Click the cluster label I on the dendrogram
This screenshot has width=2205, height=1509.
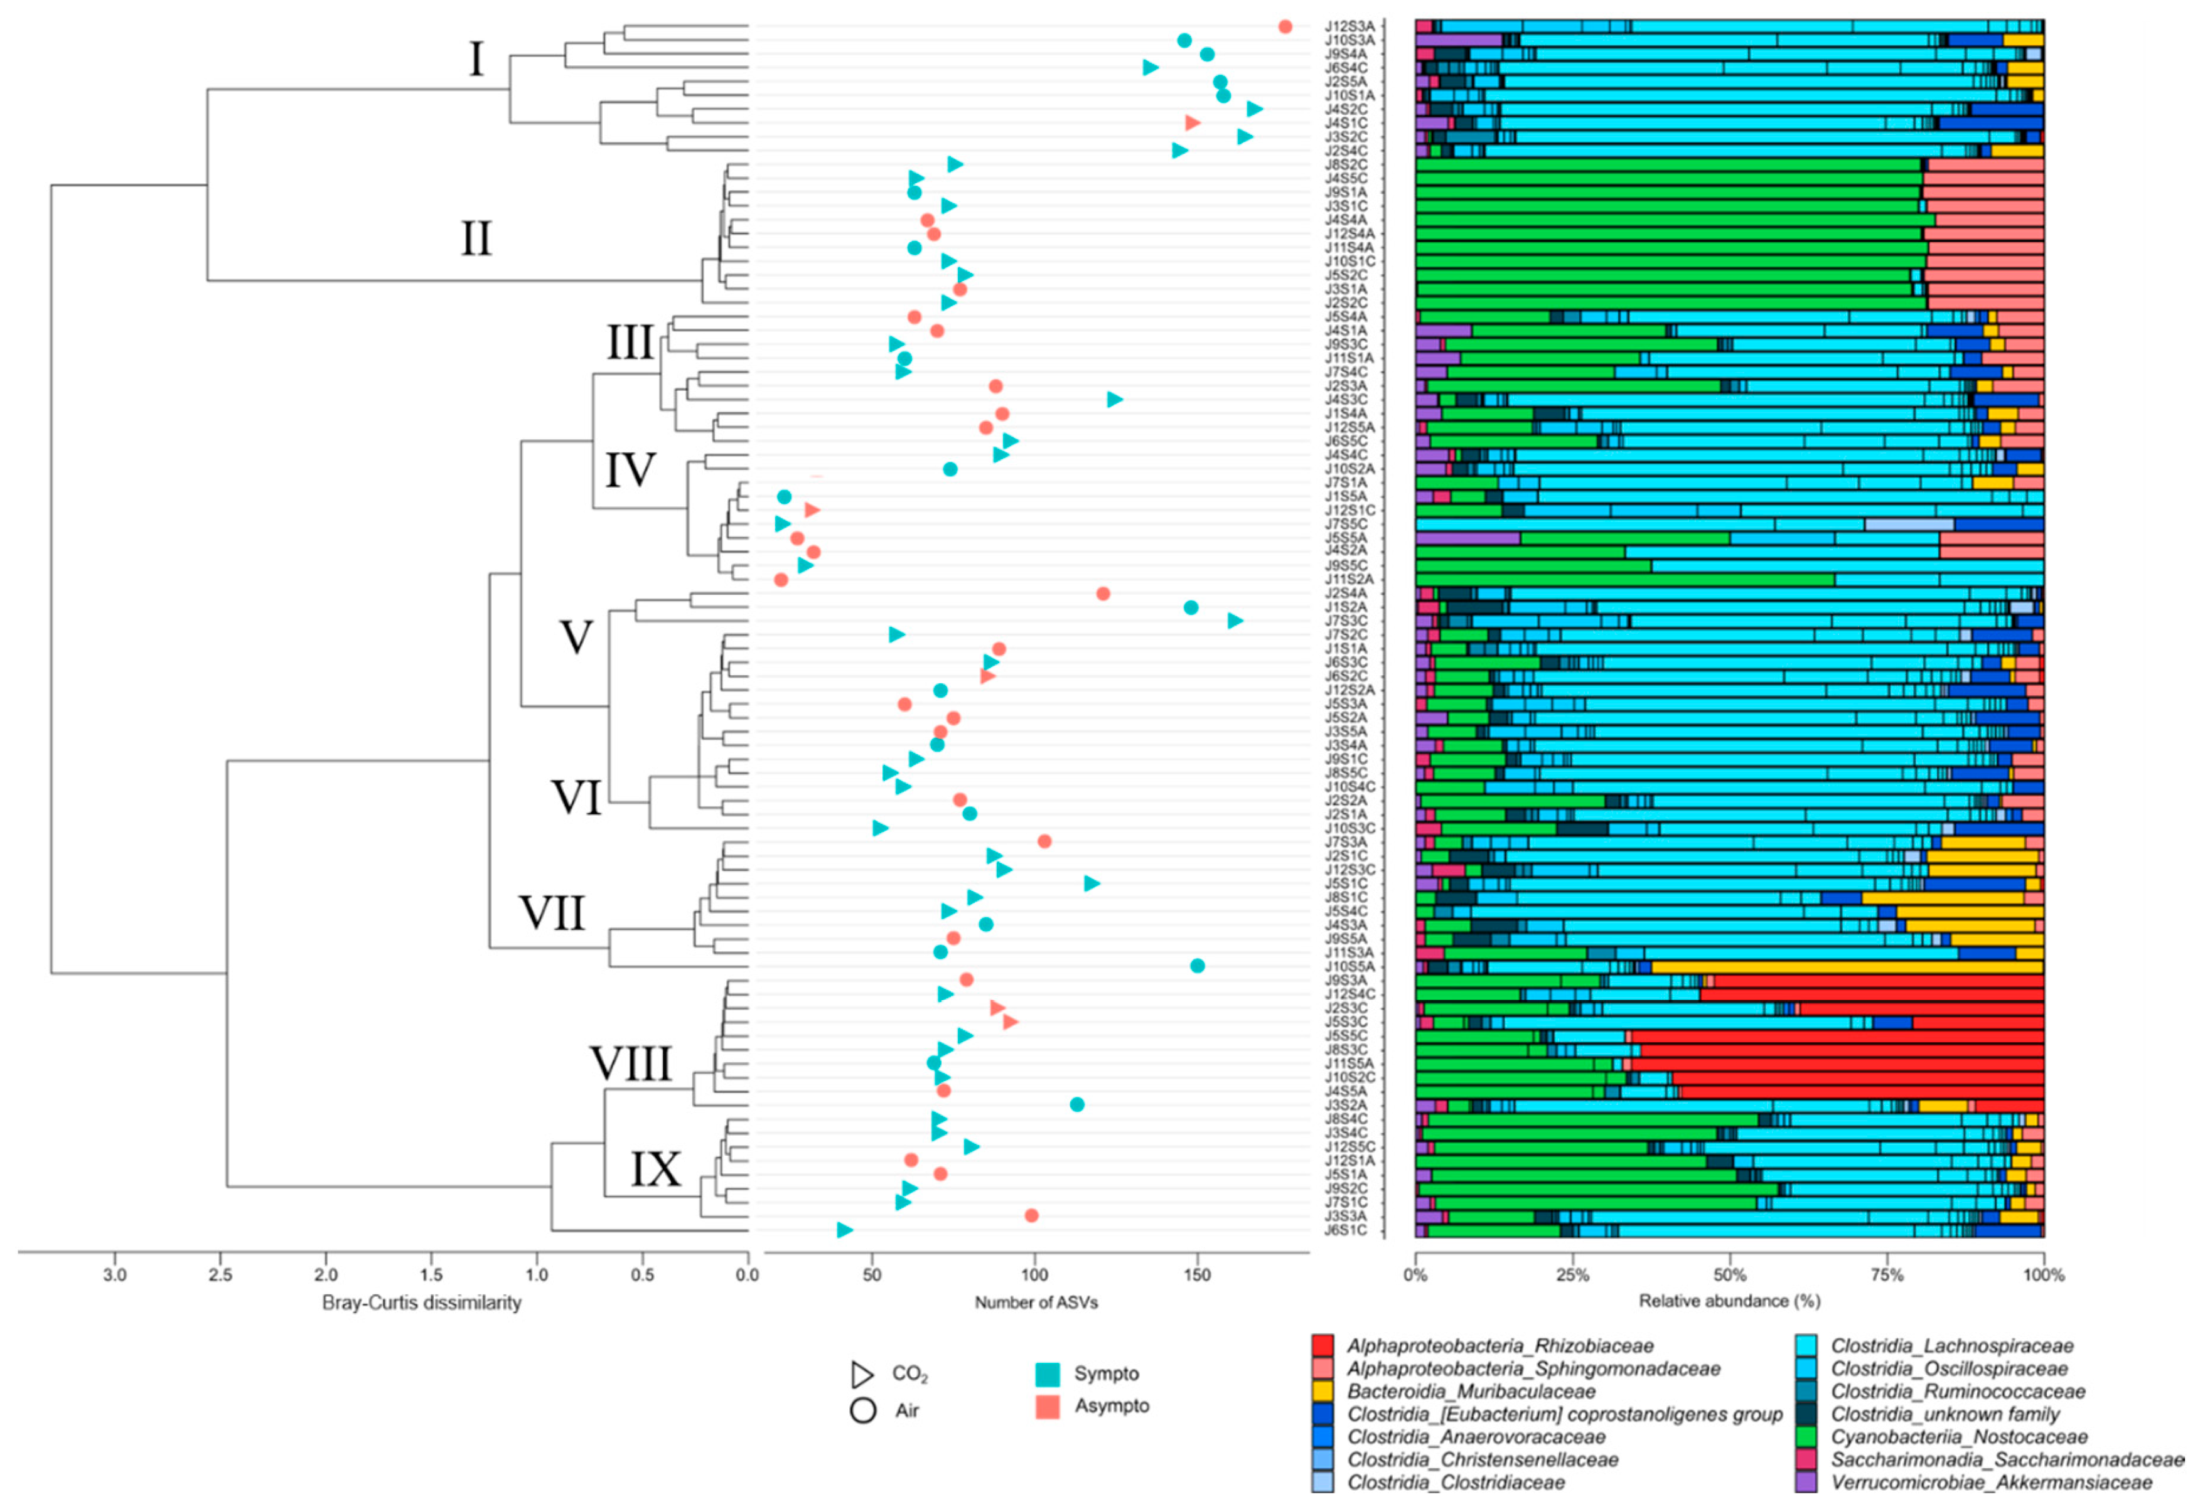pyautogui.click(x=476, y=59)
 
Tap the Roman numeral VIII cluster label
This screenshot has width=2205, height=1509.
pyautogui.click(x=631, y=1064)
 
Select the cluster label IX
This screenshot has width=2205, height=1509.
pyautogui.click(x=656, y=1170)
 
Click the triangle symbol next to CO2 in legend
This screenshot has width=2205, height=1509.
pyautogui.click(x=862, y=1374)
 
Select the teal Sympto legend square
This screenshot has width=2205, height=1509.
pyautogui.click(x=1048, y=1374)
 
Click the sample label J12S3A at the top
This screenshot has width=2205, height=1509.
pyautogui.click(x=1349, y=26)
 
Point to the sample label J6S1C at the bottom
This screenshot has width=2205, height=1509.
pyautogui.click(x=1347, y=1230)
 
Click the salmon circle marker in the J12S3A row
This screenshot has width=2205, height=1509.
pyautogui.click(x=1285, y=26)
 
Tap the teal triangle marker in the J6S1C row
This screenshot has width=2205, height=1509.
pyautogui.click(x=844, y=1230)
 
